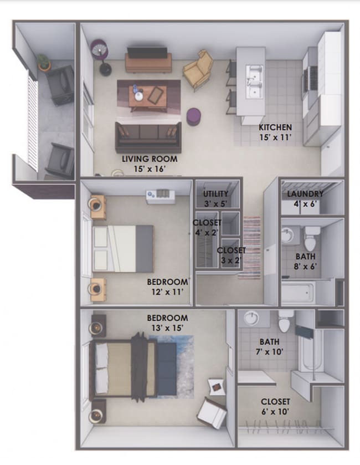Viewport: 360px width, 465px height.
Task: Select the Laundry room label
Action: click(x=305, y=198)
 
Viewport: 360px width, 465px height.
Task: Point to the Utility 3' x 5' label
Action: click(x=215, y=198)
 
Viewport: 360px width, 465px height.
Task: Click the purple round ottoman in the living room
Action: click(x=193, y=116)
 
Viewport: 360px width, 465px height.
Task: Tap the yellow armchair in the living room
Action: click(x=198, y=70)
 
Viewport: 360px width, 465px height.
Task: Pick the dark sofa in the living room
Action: click(x=148, y=136)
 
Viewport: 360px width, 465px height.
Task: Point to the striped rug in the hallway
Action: click(x=251, y=247)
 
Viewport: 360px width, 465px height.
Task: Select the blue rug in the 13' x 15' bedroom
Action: click(x=171, y=366)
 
